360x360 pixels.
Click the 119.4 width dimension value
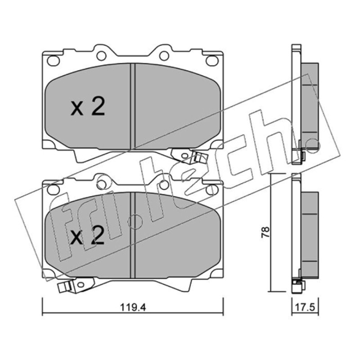pyautogui.click(x=133, y=307)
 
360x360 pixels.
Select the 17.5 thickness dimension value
pyautogui.click(x=305, y=307)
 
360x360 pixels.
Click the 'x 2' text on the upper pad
pyautogui.click(x=88, y=106)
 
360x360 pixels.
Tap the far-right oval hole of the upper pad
pyautogui.click(x=212, y=61)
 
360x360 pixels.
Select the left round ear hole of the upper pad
pyautogui.click(x=101, y=56)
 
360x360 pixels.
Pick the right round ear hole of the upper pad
pyautogui.click(x=164, y=56)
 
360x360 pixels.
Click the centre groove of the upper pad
pyautogui.click(x=133, y=106)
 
